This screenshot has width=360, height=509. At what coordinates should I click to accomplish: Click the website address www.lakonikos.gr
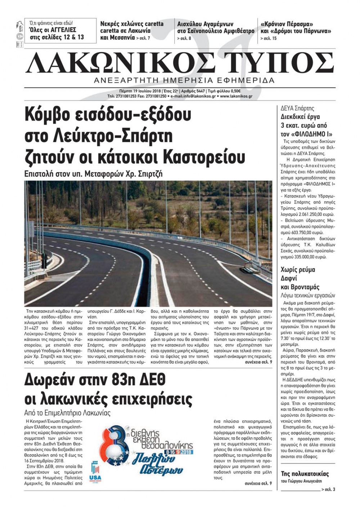point(236,96)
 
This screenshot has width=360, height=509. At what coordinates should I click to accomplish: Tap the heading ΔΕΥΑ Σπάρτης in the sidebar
point(297,108)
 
